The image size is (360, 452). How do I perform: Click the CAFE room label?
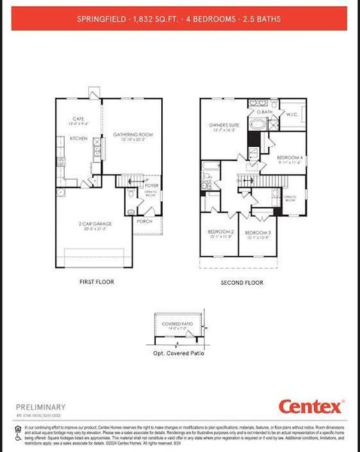[x=78, y=118]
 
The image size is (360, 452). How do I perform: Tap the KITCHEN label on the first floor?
[x=79, y=139]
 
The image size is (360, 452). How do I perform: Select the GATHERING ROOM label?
[x=133, y=135]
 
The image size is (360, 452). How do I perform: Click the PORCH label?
[x=144, y=221]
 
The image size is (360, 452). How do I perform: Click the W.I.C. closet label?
[x=292, y=115]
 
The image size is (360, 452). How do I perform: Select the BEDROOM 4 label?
[x=288, y=157]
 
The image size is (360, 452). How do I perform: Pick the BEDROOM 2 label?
[x=221, y=232]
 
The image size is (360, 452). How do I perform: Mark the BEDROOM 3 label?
[x=258, y=233]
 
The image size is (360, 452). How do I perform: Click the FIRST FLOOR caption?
[x=96, y=282]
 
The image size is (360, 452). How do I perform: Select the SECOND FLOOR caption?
[x=242, y=282]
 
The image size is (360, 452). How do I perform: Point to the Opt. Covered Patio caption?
[x=178, y=353]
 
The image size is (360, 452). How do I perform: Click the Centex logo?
[x=311, y=407]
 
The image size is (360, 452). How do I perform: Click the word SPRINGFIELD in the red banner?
[x=102, y=17]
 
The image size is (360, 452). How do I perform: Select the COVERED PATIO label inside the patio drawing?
[x=177, y=324]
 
